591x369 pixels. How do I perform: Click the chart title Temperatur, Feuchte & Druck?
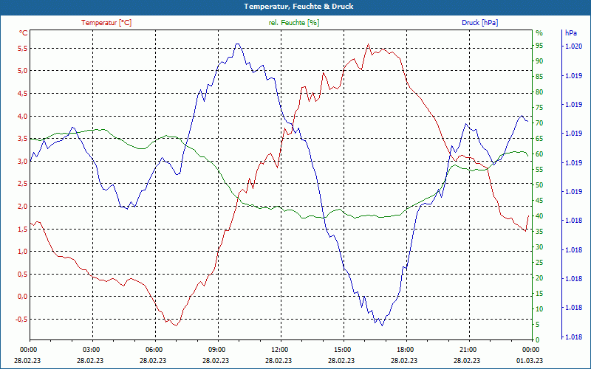click(295, 6)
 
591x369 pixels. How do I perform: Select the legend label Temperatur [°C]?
click(106, 23)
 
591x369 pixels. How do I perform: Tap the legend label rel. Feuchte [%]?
click(294, 23)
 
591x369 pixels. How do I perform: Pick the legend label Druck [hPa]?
click(479, 23)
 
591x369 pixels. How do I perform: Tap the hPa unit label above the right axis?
click(570, 33)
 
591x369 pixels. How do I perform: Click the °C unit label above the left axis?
click(24, 33)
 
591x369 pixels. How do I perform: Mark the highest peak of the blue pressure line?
click(237, 44)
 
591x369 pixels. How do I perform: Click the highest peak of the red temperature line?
click(368, 44)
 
